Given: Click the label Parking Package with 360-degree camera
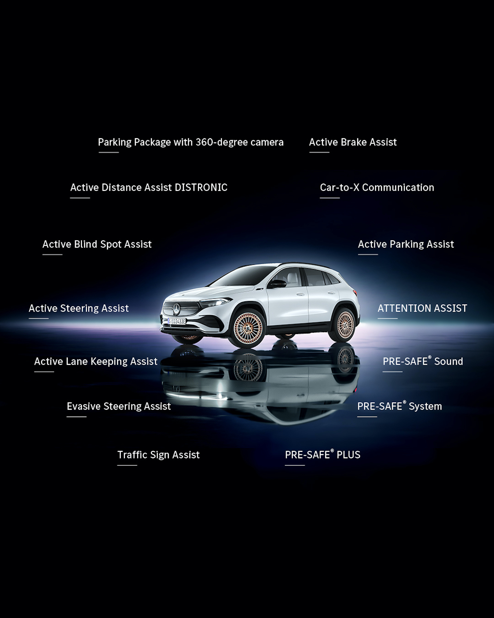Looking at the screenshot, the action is click(x=191, y=142).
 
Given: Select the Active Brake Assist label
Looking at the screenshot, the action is click(x=353, y=142).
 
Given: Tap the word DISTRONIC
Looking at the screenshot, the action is click(x=201, y=187).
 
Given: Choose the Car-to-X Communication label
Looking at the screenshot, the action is click(x=377, y=187).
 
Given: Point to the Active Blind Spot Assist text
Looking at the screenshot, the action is click(x=97, y=244).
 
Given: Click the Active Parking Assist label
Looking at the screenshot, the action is click(x=406, y=244).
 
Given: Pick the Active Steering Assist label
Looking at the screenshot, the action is click(x=79, y=308).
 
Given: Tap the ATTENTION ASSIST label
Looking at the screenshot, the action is click(x=422, y=308).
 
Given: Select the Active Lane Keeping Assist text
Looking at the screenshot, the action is click(x=96, y=361).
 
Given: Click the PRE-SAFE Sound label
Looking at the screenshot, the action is click(x=423, y=361).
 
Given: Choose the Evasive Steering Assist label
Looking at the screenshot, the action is click(x=119, y=406).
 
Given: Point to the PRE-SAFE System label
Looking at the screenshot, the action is click(x=400, y=406).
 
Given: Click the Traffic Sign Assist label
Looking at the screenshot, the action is click(x=158, y=455).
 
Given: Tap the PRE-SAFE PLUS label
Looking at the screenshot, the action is click(x=323, y=455).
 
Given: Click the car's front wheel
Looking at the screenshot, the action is click(x=248, y=328).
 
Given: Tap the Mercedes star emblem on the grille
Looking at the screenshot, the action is click(x=176, y=309).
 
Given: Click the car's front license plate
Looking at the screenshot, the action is click(x=177, y=321).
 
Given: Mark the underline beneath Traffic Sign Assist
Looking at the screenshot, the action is click(x=127, y=465).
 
